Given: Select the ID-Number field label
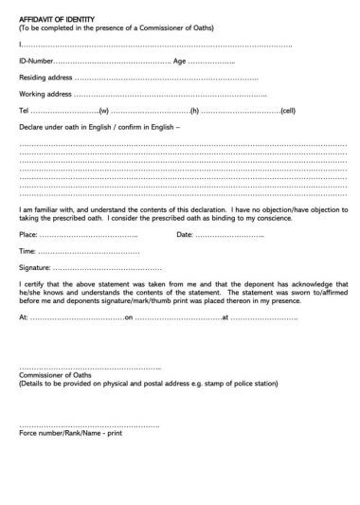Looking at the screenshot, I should click(37, 61).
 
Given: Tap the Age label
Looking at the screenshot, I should click(179, 61).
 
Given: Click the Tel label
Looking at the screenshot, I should click(24, 110).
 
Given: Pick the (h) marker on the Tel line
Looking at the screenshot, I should click(193, 110).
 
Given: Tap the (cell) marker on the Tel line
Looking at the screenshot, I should click(288, 110).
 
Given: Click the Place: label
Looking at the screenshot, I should click(29, 234).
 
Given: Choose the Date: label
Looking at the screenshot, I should click(185, 234).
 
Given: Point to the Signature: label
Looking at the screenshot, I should click(37, 268).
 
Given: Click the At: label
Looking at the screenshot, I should click(24, 317).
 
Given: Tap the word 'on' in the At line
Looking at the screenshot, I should click(129, 317).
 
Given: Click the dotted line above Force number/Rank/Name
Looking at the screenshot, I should click(89, 424).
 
